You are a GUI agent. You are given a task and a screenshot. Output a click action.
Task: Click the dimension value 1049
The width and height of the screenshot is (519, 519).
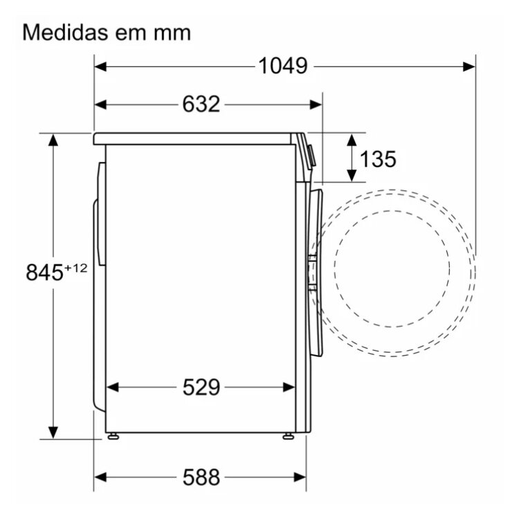click(x=282, y=66)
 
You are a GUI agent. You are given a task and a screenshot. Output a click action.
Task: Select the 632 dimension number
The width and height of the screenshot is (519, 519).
click(x=201, y=104)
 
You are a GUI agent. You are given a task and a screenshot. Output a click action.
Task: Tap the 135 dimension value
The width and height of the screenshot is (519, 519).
click(x=378, y=159)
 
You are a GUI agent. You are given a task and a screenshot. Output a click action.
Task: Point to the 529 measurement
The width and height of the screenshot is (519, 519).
click(x=201, y=387)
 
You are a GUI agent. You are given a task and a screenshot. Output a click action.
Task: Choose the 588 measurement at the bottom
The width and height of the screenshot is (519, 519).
click(x=201, y=477)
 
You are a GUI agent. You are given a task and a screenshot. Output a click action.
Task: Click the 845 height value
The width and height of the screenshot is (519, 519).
click(x=44, y=273)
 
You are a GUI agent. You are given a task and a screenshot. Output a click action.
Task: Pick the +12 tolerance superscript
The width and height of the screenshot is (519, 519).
click(x=75, y=268)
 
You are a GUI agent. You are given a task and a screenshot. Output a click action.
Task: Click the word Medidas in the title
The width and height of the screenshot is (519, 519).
click(x=65, y=33)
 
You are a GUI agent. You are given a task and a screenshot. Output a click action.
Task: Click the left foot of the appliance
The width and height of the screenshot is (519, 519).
click(x=113, y=437)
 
